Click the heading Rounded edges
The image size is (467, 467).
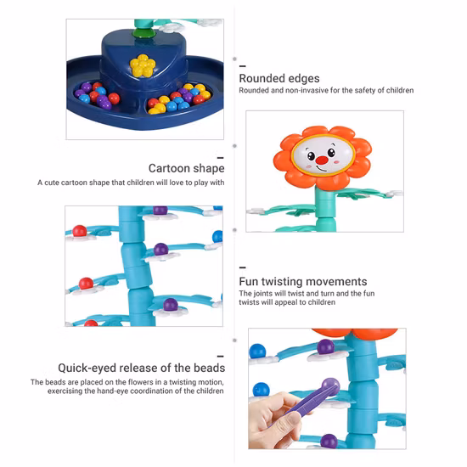coord(279,78)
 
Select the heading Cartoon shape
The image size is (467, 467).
coord(186,169)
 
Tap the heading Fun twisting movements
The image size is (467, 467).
coord(303,281)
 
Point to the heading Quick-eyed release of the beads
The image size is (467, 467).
coord(141,368)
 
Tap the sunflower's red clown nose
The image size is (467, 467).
coord(312,158)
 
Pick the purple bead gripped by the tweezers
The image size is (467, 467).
coord(331,385)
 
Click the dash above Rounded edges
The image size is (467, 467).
coord(244,65)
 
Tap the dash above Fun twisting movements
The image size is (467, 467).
coord(244,267)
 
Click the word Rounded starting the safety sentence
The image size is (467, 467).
coord(254,91)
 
